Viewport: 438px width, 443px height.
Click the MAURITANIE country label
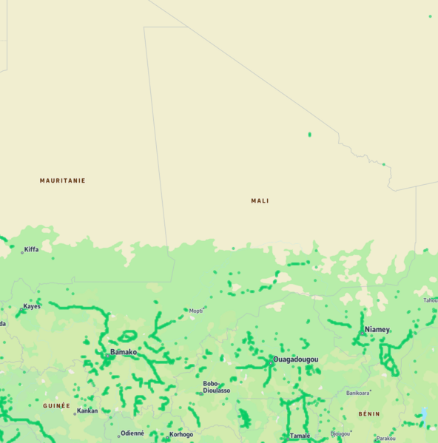point(62,180)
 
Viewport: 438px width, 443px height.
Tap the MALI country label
point(260,200)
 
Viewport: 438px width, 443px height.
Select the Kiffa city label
point(31,249)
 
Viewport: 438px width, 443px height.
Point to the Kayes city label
point(32,305)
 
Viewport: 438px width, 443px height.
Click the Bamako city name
point(124,352)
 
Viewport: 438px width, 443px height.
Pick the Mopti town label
point(196,311)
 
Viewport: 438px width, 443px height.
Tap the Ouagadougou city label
point(296,359)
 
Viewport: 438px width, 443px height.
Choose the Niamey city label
point(377,329)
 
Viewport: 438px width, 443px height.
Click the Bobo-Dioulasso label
point(217,387)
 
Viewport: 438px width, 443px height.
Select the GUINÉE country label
point(56,405)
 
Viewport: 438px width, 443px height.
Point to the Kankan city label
point(87,410)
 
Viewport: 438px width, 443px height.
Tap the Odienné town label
point(133,433)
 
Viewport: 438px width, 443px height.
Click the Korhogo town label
point(181,434)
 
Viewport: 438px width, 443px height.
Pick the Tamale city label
point(300,436)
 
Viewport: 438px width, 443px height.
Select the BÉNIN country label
point(369,414)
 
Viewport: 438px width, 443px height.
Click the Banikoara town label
point(357,393)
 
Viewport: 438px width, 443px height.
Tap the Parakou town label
point(385,438)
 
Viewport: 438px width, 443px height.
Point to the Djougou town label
point(340,433)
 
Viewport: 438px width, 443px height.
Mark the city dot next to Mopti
point(186,311)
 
